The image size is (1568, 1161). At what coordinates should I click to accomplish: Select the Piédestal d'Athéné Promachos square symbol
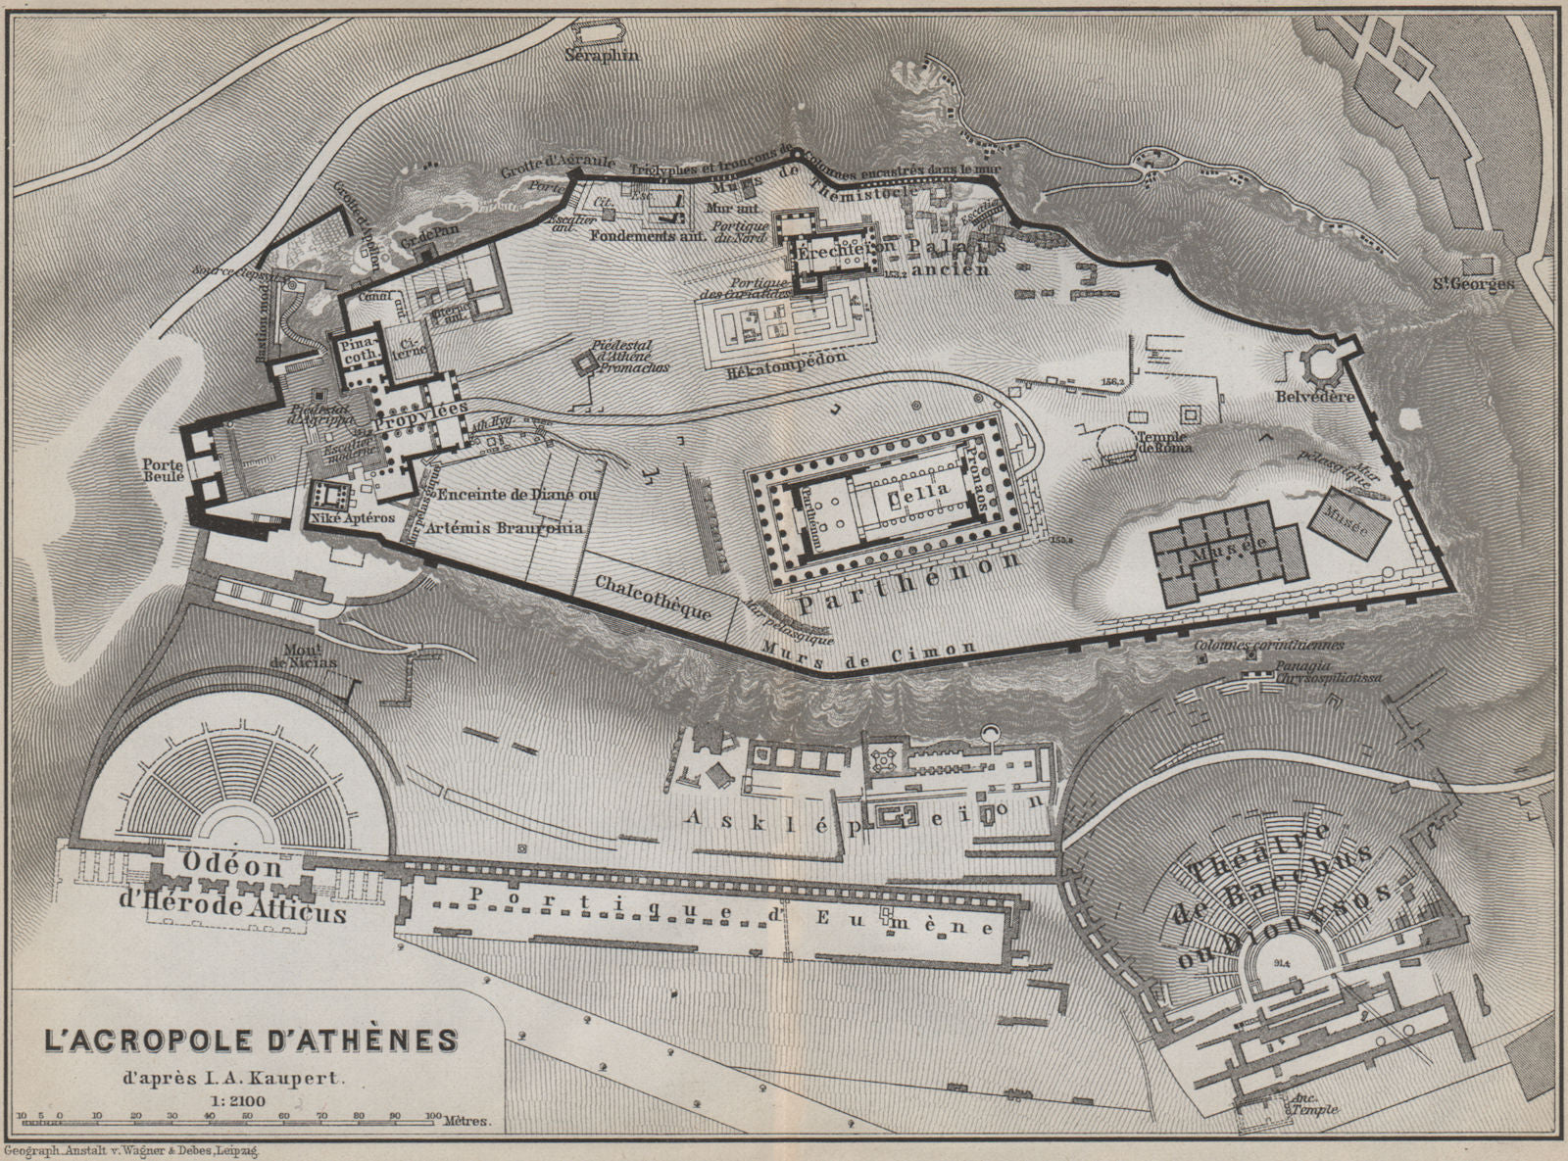click(585, 364)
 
